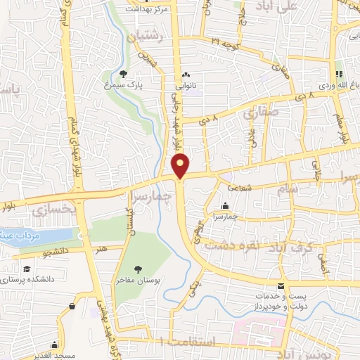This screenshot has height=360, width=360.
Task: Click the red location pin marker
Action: coord(181,166)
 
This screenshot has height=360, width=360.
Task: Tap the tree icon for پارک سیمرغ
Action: coord(124,74)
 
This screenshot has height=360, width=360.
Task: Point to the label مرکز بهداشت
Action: coord(148,9)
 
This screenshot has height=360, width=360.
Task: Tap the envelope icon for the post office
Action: coord(281,286)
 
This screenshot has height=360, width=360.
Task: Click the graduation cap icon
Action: coord(26,269)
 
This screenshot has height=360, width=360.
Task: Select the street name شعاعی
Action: coord(243,187)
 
